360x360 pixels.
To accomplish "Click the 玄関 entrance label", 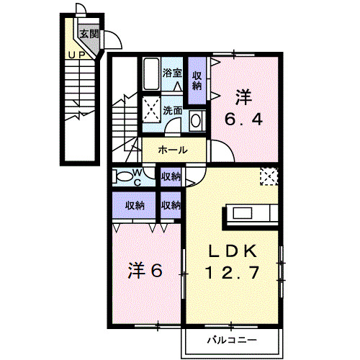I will pyautogui.click(x=88, y=33).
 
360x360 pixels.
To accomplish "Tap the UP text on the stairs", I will pyautogui.click(x=76, y=53).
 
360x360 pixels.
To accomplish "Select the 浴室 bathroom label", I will pyautogui.click(x=171, y=73).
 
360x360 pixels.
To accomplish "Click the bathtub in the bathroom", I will pyautogui.click(x=149, y=75).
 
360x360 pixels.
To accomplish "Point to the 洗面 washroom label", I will pyautogui.click(x=171, y=111).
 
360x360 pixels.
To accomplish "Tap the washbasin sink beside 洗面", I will pyautogui.click(x=196, y=120).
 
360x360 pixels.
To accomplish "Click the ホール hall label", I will pyautogui.click(x=172, y=150).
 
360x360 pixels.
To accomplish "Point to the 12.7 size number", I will pyautogui.click(x=233, y=272).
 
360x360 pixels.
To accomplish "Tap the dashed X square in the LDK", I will pyautogui.click(x=269, y=176).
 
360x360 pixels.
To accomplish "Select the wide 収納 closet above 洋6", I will pyautogui.click(x=135, y=205).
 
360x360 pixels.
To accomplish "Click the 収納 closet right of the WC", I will pyautogui.click(x=171, y=176).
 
